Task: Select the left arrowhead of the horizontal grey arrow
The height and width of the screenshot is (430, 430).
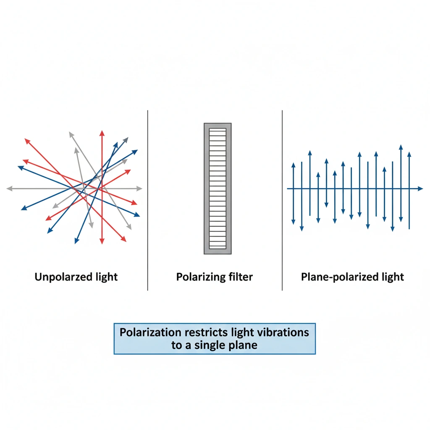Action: [9, 189]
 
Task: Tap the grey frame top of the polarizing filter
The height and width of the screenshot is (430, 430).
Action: [218, 126]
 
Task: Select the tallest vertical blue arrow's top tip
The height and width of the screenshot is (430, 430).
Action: [401, 147]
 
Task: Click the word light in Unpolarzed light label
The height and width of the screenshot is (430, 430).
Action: [107, 277]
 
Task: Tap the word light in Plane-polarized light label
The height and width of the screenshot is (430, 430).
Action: [393, 277]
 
